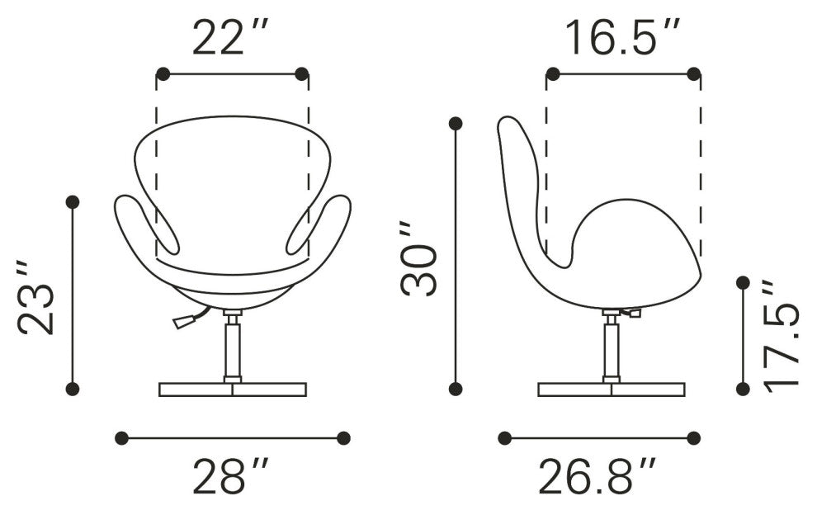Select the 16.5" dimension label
click(x=622, y=37)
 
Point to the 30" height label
click(x=418, y=258)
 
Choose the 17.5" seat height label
click(x=781, y=334)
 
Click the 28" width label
click(x=231, y=476)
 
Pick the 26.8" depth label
click(x=597, y=476)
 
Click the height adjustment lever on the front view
click(x=191, y=319)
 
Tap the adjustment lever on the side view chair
click(x=630, y=313)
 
